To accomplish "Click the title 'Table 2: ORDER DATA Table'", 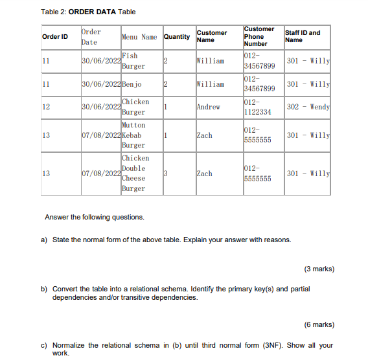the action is (88, 12).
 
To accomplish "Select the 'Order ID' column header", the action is (55, 37).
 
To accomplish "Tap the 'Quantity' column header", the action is (177, 37).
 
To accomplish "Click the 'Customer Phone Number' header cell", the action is (259, 37).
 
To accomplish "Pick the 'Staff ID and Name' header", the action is (302, 36).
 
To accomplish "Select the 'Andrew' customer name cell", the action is (208, 107).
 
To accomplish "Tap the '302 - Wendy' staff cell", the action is (308, 107).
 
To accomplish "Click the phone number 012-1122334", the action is (257, 107).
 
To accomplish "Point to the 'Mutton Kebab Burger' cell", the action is (133, 135).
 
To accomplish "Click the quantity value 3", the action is (166, 174).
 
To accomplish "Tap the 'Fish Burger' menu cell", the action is (133, 61).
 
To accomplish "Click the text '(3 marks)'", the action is (319, 268).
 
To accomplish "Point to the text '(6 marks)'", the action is (319, 324).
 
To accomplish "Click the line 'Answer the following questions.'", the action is (95, 217).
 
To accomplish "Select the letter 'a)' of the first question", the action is (45, 240).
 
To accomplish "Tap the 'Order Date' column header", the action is (91, 37).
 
